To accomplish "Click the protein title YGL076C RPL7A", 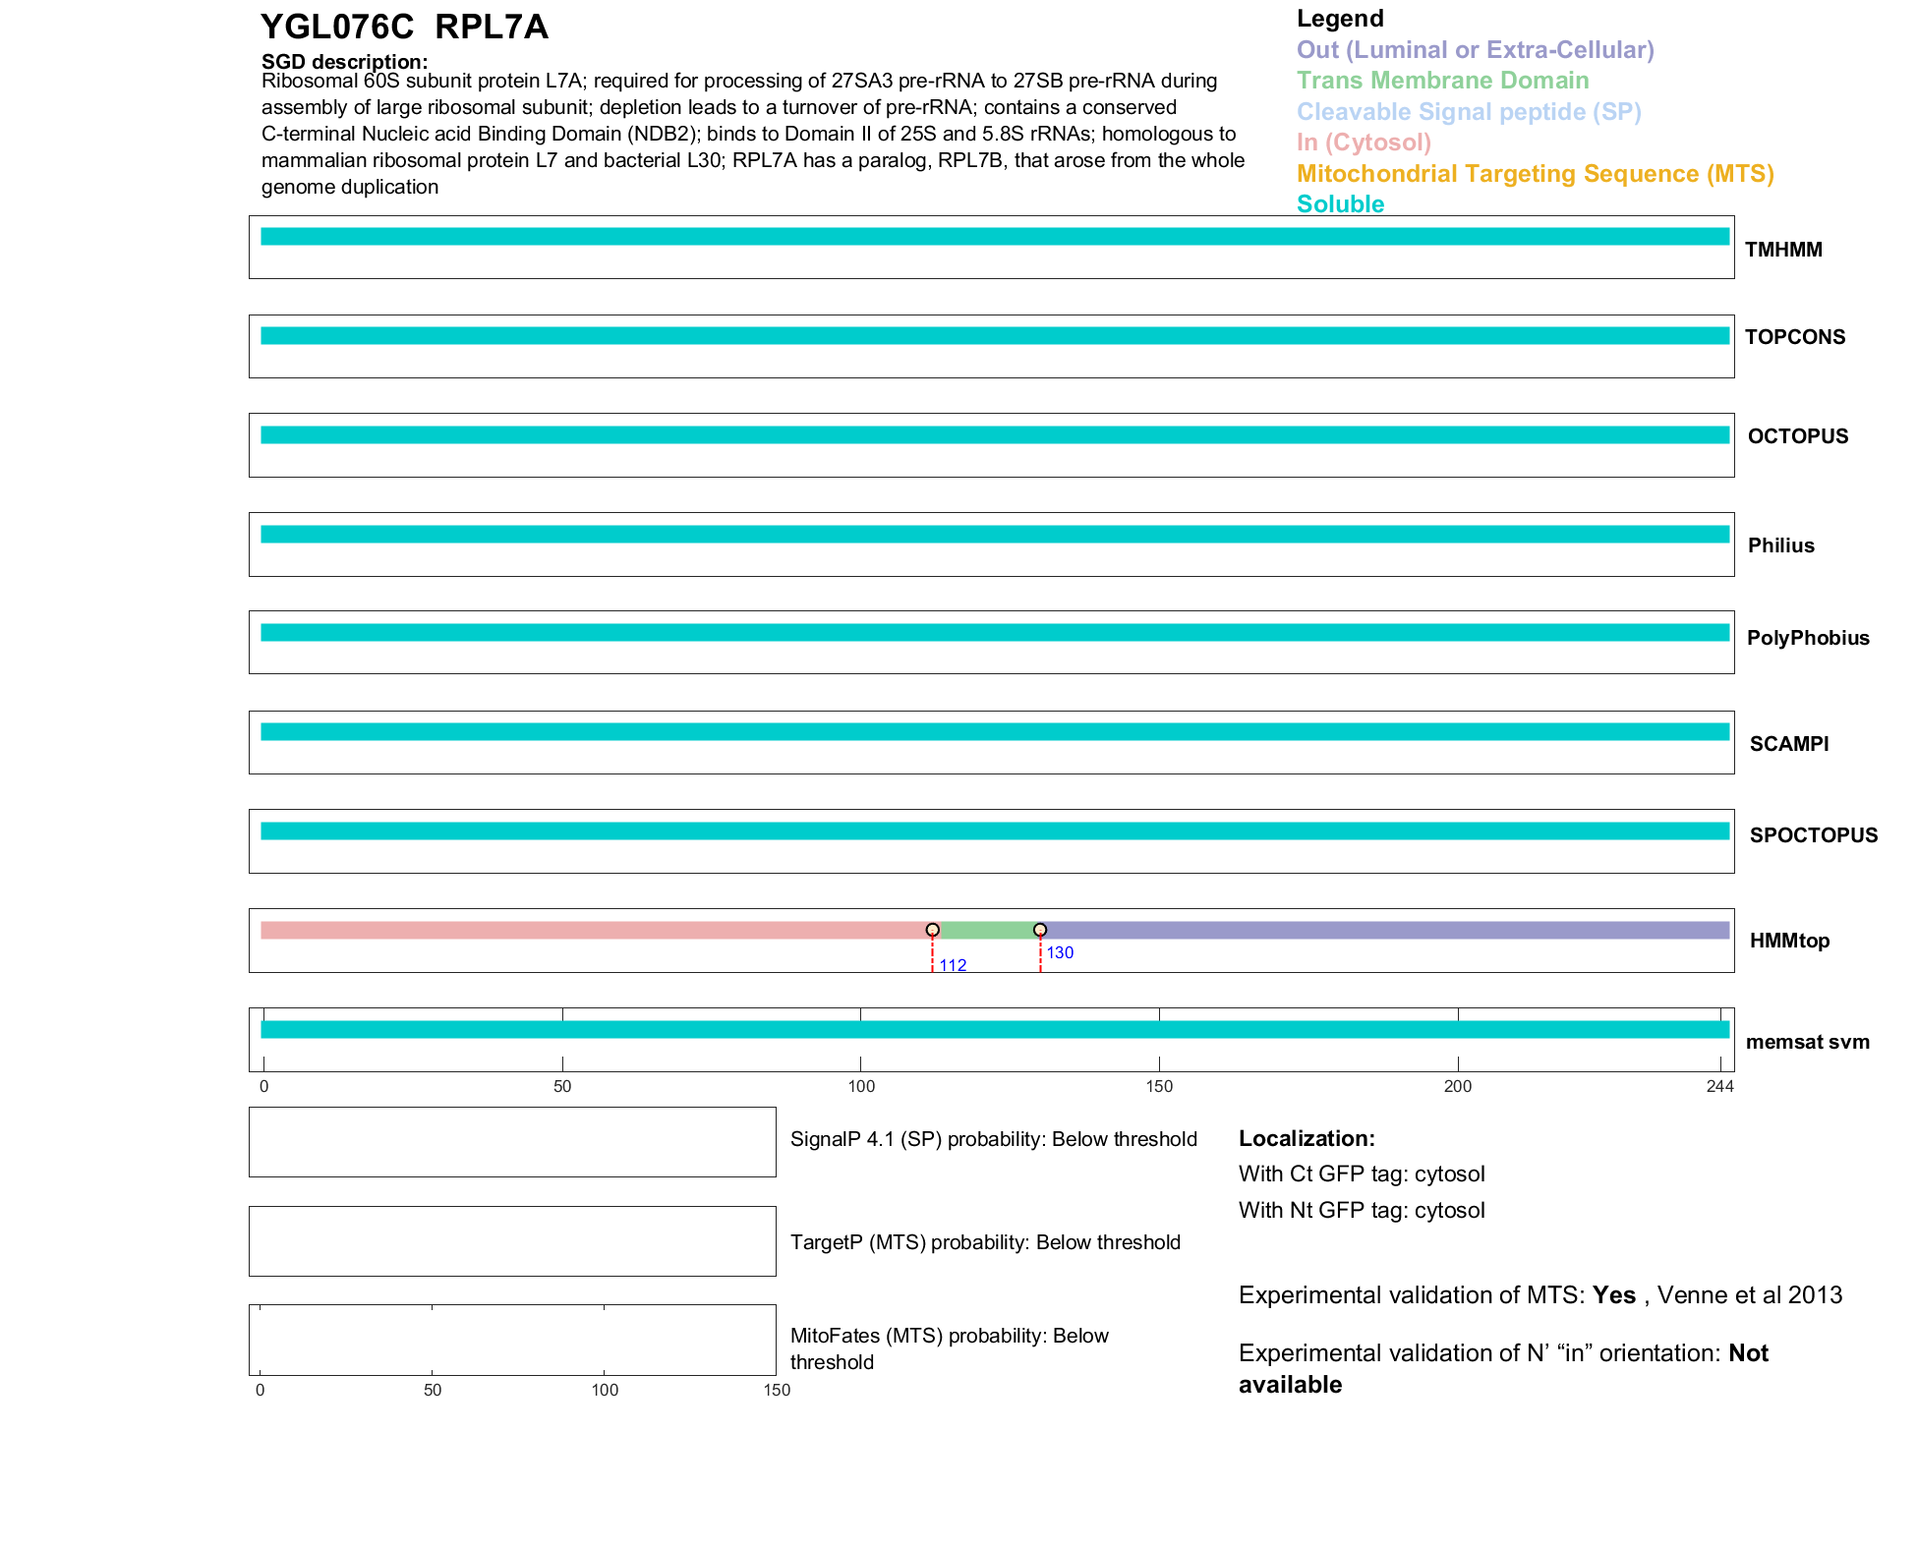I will pyautogui.click(x=404, y=28).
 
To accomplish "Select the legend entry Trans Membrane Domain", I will pyautogui.click(x=1442, y=81).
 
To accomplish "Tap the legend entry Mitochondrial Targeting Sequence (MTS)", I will pyautogui.click(x=1535, y=174).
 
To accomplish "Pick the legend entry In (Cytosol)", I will pyautogui.click(x=1364, y=143).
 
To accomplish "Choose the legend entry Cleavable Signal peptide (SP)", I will pyautogui.click(x=1469, y=112).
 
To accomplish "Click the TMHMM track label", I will pyautogui.click(x=1783, y=250).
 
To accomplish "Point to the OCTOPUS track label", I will pyautogui.click(x=1797, y=436).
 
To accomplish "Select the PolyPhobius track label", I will pyautogui.click(x=1807, y=638).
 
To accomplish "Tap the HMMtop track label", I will pyautogui.click(x=1789, y=941).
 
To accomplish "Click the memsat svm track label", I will pyautogui.click(x=1807, y=1042).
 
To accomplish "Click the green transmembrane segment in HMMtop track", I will pyautogui.click(x=986, y=930).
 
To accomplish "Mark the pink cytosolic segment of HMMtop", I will pyautogui.click(x=590, y=930).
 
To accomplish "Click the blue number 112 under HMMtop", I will pyautogui.click(x=953, y=965).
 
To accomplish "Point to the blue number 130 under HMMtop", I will pyautogui.click(x=1060, y=952).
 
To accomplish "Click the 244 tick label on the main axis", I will pyautogui.click(x=1719, y=1086).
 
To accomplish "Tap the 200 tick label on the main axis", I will pyautogui.click(x=1457, y=1086).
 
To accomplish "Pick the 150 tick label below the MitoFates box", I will pyautogui.click(x=777, y=1390).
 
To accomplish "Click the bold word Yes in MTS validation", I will pyautogui.click(x=1613, y=1295).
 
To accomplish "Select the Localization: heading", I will pyautogui.click(x=1306, y=1138).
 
